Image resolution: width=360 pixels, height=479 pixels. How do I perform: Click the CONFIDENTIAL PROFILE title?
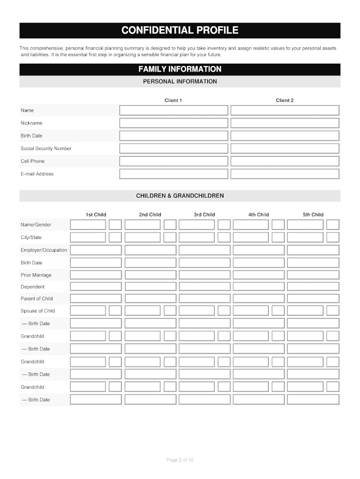coord(180,31)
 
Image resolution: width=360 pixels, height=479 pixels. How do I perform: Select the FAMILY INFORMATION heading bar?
coord(180,69)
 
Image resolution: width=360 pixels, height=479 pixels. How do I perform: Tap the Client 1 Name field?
coord(173,110)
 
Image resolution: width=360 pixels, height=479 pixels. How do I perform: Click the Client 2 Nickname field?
coord(285,123)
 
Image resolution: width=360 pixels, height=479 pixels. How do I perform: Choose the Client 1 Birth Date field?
coord(173,136)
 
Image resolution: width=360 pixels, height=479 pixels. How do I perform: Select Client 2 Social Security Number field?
coord(285,148)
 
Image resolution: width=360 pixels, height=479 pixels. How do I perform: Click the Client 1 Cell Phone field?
coord(173,161)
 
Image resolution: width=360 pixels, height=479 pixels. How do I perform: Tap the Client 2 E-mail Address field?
coord(285,174)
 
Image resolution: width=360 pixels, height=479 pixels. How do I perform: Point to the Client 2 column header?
coord(285,101)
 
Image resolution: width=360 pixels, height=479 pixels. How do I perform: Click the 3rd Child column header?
coord(204,215)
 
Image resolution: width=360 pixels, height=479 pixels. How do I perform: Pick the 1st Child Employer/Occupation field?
coord(96,250)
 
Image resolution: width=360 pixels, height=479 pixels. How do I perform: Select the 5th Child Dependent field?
coord(313,287)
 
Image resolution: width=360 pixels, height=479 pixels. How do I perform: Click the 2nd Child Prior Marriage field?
coord(150,275)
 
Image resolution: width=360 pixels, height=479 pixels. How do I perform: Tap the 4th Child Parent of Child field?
coord(259,298)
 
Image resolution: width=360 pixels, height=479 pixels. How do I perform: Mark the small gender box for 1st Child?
coord(115,225)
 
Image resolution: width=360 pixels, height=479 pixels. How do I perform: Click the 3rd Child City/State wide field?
coord(196,237)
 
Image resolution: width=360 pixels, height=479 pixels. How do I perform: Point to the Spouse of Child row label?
coord(38,311)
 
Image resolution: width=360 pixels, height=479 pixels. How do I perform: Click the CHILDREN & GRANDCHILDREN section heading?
coord(180,196)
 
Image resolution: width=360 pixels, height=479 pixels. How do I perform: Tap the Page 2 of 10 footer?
coord(180,460)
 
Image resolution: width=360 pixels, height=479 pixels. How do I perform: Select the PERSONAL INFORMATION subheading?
coord(180,81)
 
